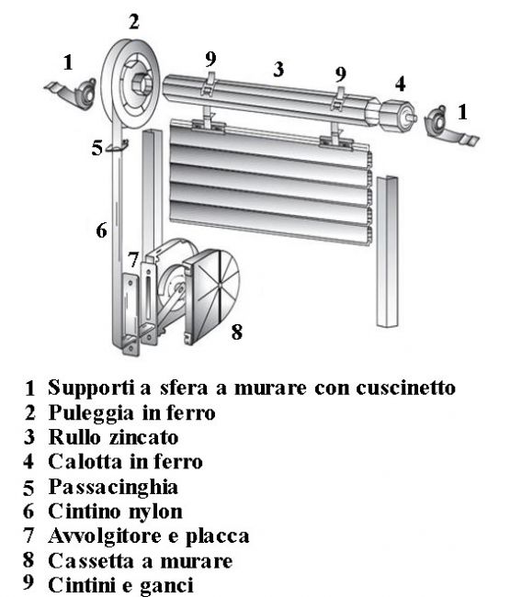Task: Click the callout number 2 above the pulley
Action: (134, 22)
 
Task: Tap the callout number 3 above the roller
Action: (278, 69)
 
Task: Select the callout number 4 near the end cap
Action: (400, 84)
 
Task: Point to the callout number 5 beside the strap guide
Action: (97, 148)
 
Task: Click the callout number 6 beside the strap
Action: (101, 231)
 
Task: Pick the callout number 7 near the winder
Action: (132, 260)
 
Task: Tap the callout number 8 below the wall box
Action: (236, 332)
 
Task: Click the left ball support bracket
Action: (73, 94)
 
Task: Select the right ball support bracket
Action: (449, 127)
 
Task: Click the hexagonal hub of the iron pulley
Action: (142, 84)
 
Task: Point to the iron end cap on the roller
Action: (397, 113)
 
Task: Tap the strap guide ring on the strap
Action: (117, 146)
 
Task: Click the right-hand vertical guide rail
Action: (388, 252)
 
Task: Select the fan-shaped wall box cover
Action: (211, 297)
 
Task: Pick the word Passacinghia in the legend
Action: (113, 488)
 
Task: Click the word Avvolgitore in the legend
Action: (105, 536)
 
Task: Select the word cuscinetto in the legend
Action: (406, 388)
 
